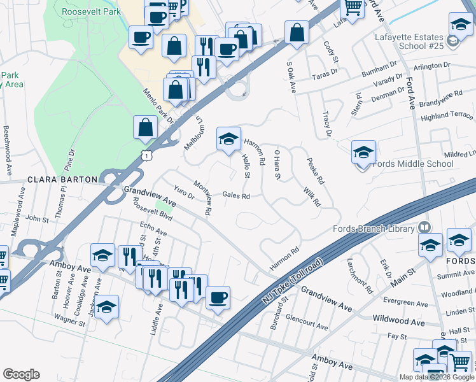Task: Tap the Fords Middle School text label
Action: pyautogui.click(x=413, y=164)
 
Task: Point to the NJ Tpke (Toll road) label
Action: pyautogui.click(x=291, y=282)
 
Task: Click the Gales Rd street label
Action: pyautogui.click(x=235, y=196)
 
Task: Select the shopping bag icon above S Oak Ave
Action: pyautogui.click(x=297, y=32)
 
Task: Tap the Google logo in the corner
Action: pyautogui.click(x=22, y=374)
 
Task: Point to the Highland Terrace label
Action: pyautogui.click(x=447, y=116)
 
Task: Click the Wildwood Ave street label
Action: pyautogui.click(x=399, y=322)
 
